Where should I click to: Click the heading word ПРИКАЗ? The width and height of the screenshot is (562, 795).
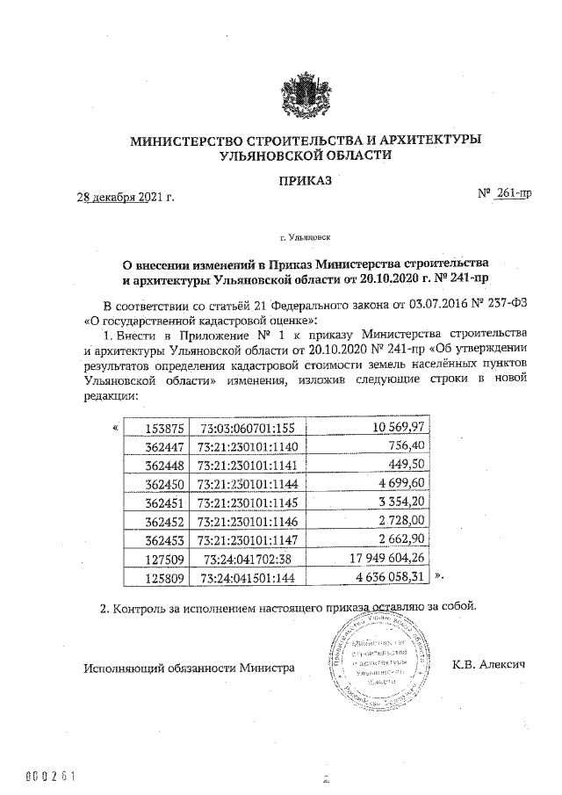[305, 181]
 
